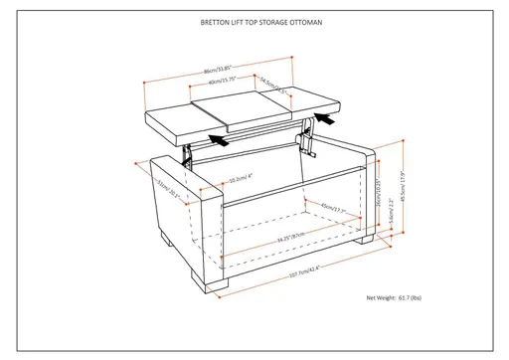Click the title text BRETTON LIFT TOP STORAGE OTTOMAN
click(x=254, y=21)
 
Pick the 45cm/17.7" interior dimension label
click(x=332, y=208)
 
